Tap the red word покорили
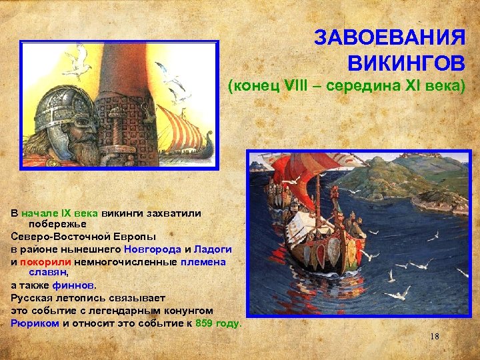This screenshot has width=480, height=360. (43, 261)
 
